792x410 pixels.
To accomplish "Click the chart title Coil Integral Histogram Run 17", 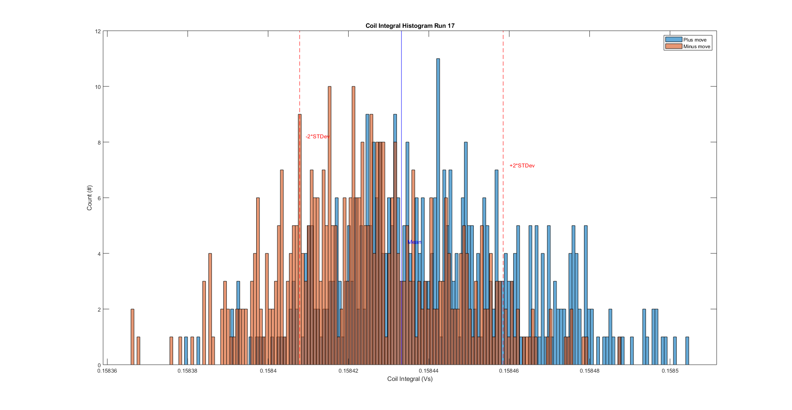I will coord(410,26).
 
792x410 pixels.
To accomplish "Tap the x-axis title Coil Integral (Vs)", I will coord(410,379).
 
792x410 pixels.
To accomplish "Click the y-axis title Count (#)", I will coord(89,198).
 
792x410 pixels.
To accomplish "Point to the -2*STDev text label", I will coord(317,137).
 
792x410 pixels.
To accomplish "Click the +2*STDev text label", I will coord(522,166).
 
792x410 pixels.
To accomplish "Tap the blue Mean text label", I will coord(414,242).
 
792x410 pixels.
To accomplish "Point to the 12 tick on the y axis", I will coord(98,32).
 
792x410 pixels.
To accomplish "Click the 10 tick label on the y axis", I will coord(98,87).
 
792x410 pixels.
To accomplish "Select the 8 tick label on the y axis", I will coord(99,142).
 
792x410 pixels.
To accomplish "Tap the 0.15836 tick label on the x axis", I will coord(107,371).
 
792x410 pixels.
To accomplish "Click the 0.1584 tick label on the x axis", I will coord(268,371).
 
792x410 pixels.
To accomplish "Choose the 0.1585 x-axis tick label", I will coord(670,371).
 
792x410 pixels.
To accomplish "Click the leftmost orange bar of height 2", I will coord(132,336).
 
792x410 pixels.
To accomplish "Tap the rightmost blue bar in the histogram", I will coord(687,351).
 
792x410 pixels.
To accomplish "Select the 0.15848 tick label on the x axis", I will coord(589,371).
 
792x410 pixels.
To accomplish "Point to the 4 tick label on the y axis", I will coord(99,254).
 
